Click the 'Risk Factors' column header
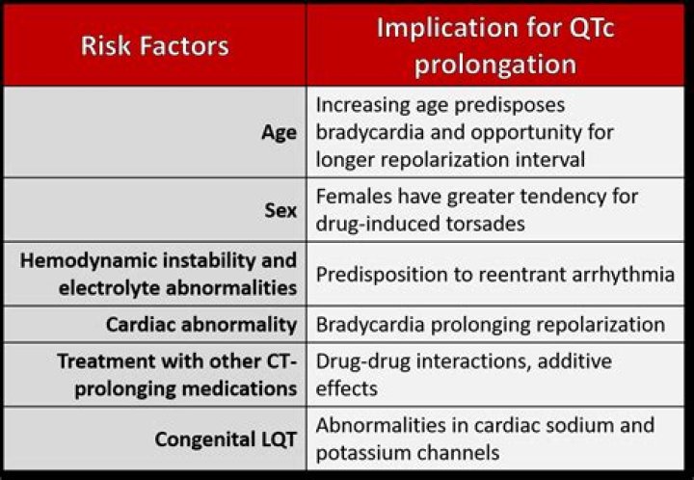click(x=154, y=45)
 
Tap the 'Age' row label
click(x=280, y=132)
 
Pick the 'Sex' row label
click(x=280, y=209)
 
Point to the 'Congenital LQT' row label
click(x=226, y=439)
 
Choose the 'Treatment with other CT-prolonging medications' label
click(x=177, y=374)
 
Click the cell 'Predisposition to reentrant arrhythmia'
click(x=494, y=274)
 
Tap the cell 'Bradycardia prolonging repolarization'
click(x=490, y=324)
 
